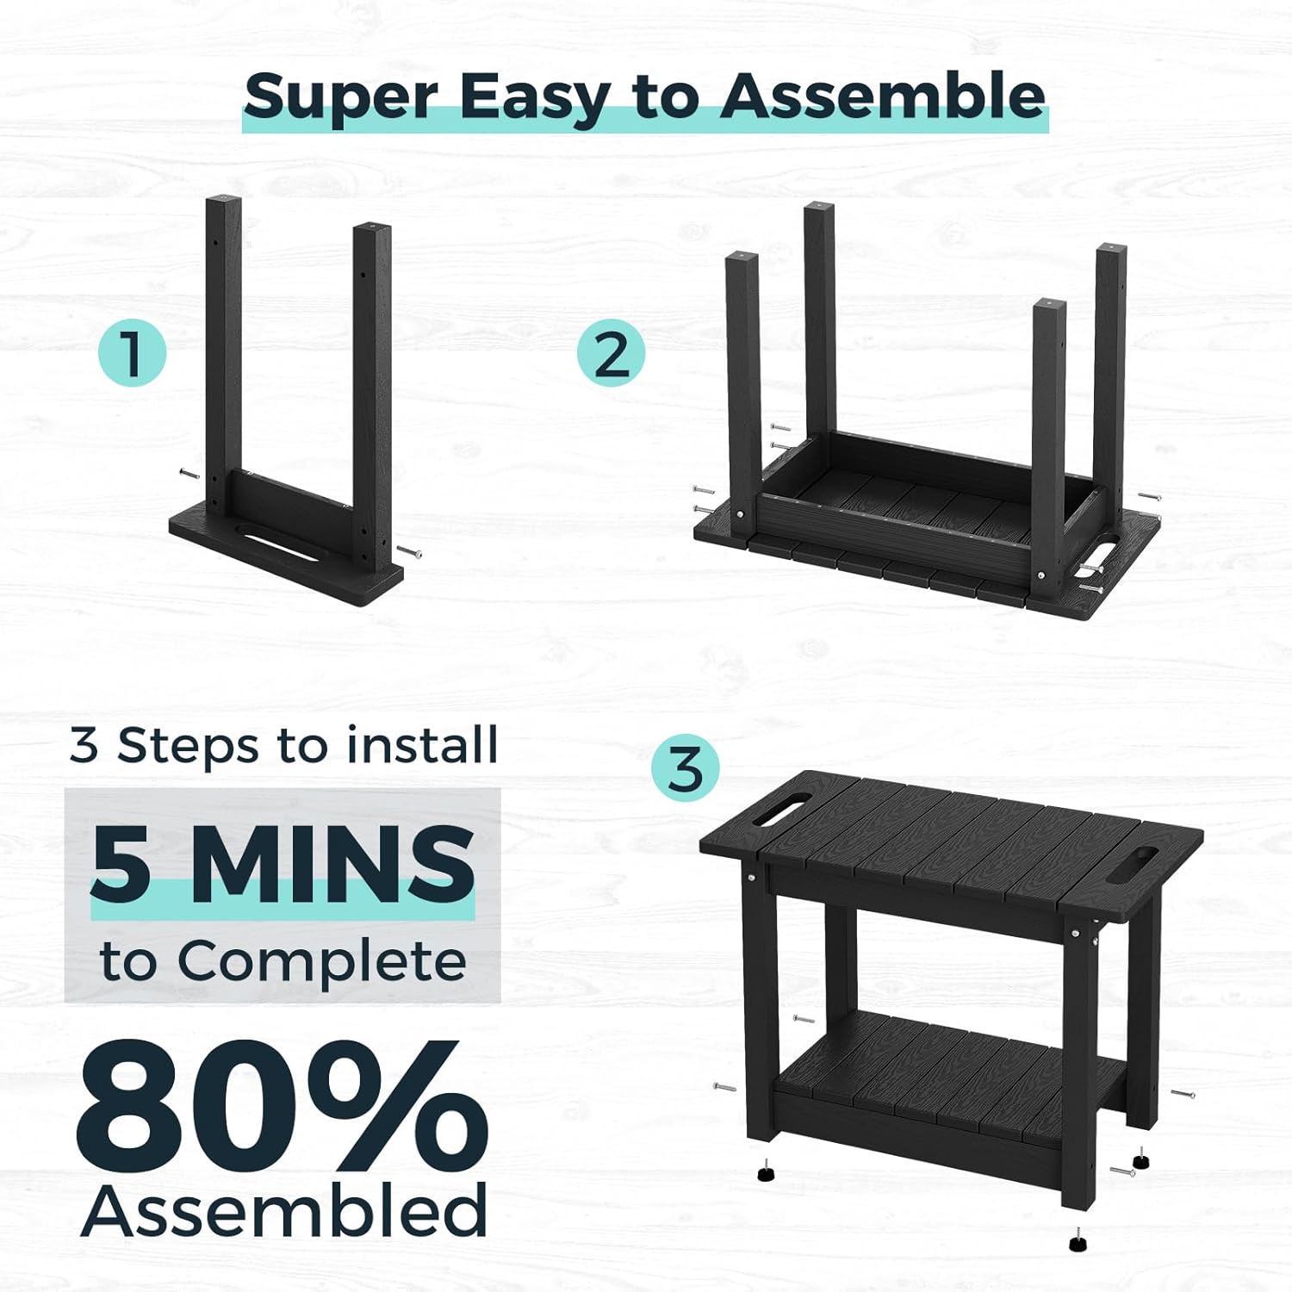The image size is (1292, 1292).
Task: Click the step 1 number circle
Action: coord(132,353)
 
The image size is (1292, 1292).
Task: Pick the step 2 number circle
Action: coord(611,353)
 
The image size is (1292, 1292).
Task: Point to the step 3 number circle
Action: coord(685,769)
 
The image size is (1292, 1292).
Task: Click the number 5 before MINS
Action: coord(121,862)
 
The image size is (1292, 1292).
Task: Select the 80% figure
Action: coord(283,1106)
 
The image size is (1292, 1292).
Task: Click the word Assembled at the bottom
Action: coord(285,1209)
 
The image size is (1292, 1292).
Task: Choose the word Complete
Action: coord(322,961)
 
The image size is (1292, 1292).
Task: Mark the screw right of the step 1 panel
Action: coord(409,552)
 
